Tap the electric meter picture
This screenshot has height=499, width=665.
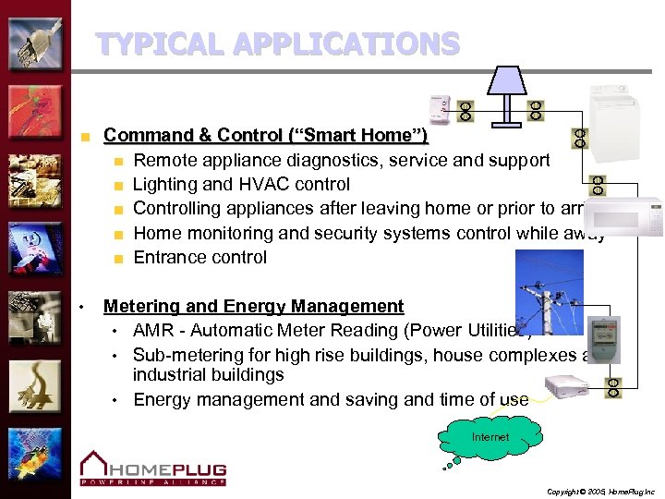604,338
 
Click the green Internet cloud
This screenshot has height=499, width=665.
490,437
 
